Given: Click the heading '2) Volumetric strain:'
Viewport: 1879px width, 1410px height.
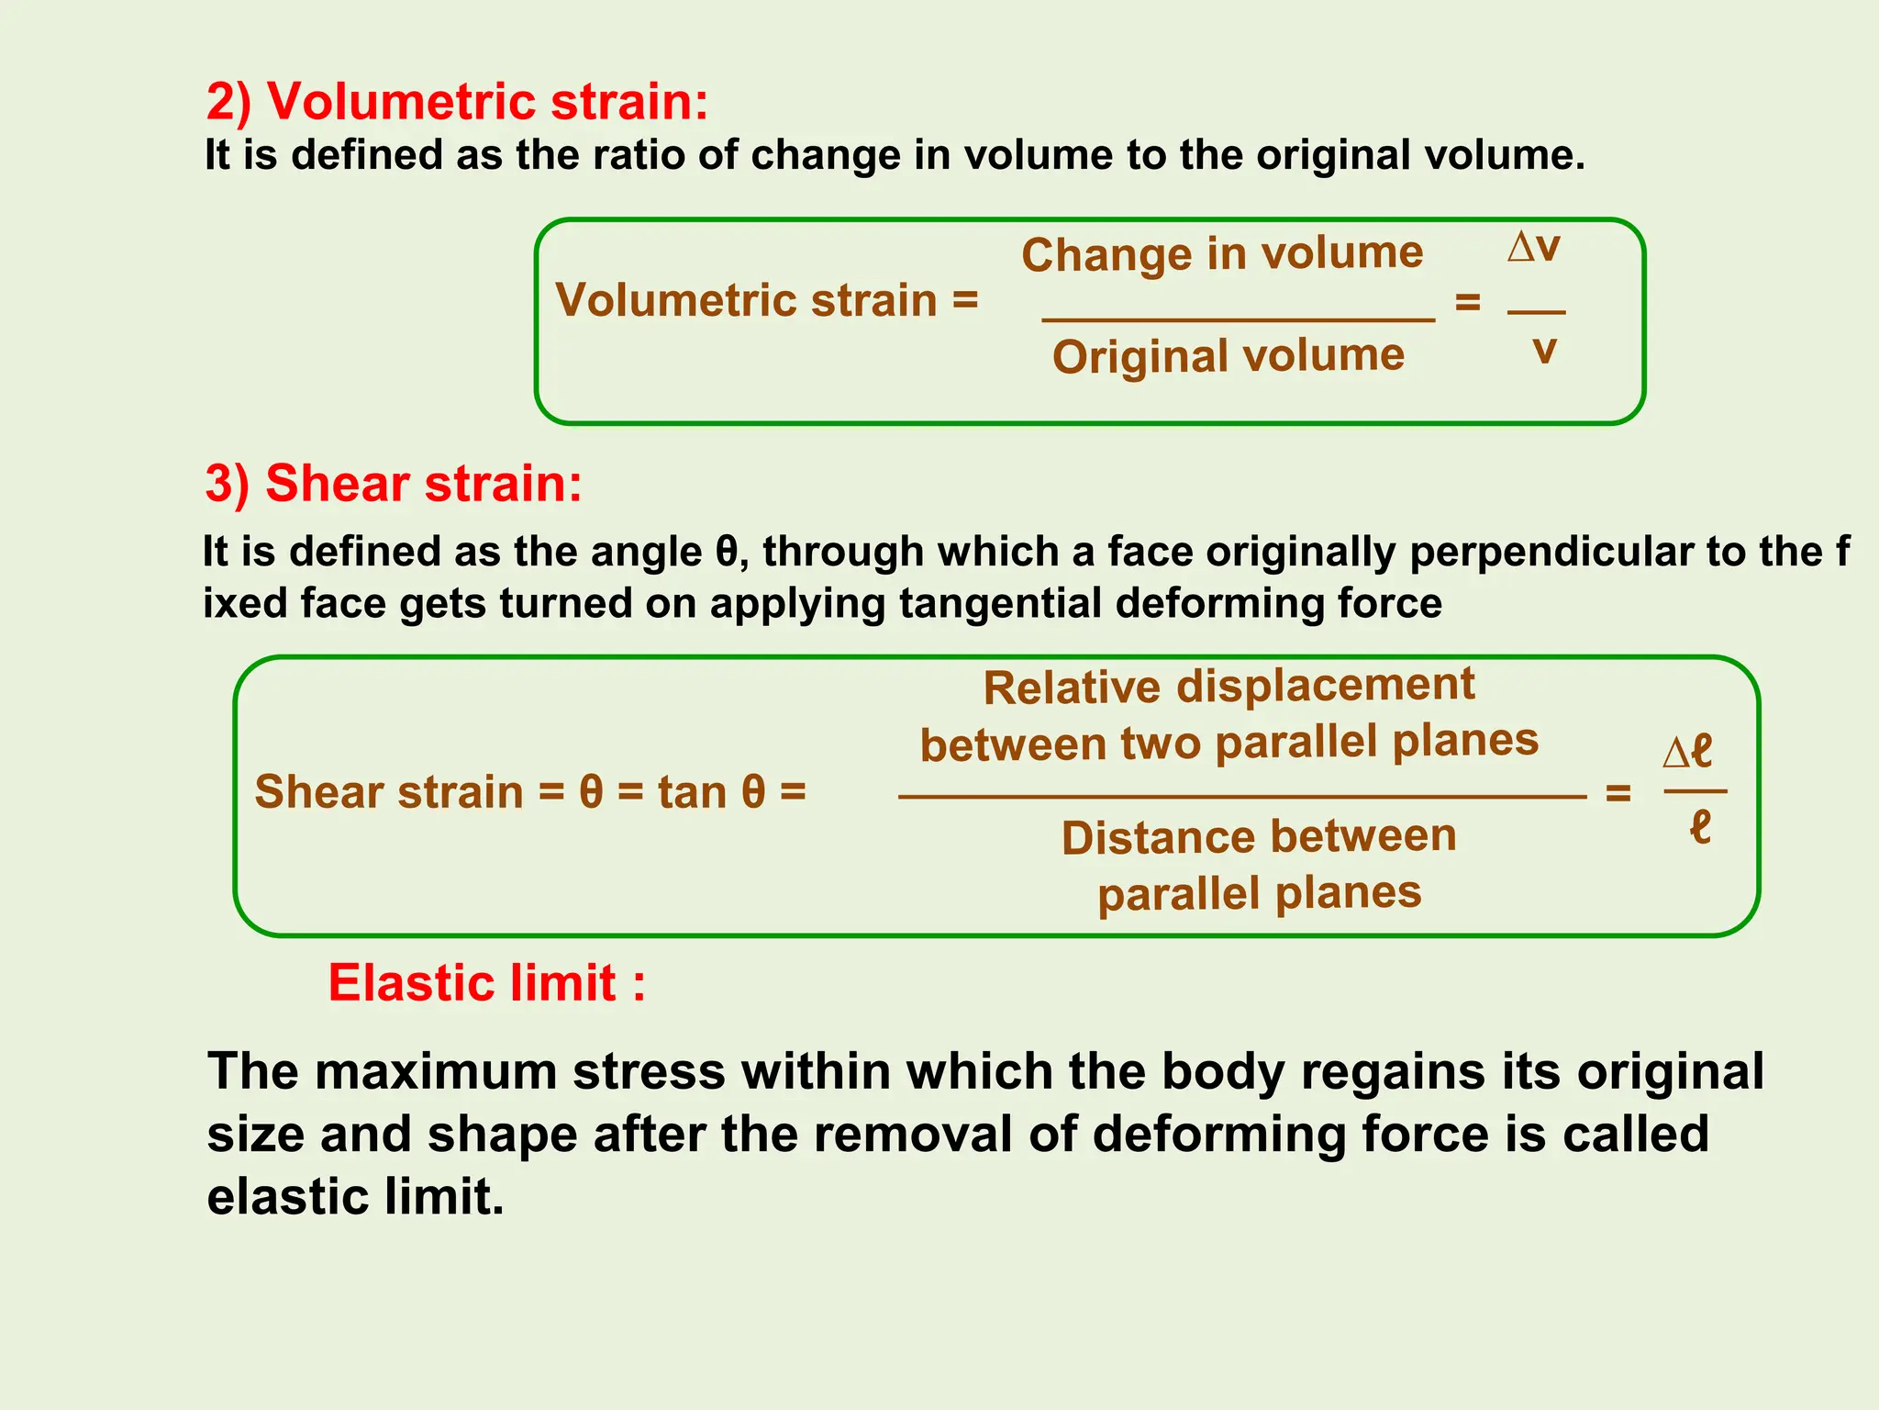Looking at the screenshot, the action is click(x=457, y=101).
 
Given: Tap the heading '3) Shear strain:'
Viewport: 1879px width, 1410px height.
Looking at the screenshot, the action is click(x=394, y=483).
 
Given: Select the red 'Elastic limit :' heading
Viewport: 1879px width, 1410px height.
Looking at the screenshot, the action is click(x=487, y=983).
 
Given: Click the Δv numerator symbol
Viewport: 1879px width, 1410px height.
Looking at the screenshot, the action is click(x=1534, y=247).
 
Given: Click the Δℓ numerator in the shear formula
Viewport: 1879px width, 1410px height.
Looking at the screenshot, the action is click(x=1688, y=751).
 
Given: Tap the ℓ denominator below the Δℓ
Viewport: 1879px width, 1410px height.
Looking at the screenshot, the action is click(x=1700, y=826).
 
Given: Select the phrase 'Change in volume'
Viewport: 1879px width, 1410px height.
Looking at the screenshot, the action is click(x=1222, y=253).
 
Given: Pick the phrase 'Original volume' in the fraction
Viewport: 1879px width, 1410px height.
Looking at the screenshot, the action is click(x=1229, y=356).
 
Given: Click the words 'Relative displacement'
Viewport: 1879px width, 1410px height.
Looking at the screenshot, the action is click(x=1229, y=686).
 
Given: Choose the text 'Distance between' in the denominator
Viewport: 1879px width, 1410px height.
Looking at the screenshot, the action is click(x=1259, y=837).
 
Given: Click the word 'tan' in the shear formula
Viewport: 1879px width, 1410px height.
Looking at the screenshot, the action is click(x=692, y=792).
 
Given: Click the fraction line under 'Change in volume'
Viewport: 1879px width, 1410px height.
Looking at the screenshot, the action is click(x=1239, y=319).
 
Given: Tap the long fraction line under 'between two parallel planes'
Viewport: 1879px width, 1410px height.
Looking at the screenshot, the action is click(x=1242, y=797).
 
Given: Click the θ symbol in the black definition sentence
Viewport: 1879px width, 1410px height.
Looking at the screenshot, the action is click(x=726, y=553).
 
